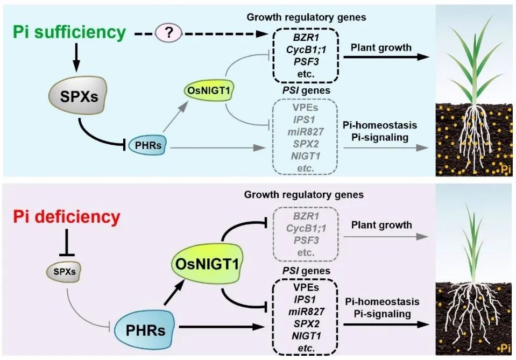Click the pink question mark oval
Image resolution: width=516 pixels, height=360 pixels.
point(168,33)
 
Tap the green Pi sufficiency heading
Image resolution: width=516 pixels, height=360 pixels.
point(69,32)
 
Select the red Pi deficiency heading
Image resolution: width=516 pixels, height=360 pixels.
point(67,217)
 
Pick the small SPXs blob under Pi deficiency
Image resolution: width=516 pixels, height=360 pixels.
point(64,272)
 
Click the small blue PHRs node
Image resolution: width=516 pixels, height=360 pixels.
point(147,145)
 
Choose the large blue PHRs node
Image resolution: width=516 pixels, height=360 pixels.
point(145,330)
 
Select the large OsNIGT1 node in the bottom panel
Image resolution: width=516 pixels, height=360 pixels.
point(208,264)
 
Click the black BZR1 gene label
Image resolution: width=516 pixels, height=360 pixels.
point(306,37)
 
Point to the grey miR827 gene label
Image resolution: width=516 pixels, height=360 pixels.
point(306,132)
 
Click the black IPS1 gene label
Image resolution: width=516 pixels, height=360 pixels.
point(305,299)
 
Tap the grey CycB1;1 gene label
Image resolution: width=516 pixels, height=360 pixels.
point(306,228)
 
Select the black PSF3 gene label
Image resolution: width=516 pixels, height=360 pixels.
point(306,61)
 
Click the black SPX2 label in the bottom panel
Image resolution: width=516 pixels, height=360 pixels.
point(307,324)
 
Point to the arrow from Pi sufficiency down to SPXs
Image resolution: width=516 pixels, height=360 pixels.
point(76,57)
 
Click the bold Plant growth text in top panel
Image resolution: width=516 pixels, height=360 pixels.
point(381,48)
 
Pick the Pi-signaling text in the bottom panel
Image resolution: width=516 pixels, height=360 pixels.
point(383,314)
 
